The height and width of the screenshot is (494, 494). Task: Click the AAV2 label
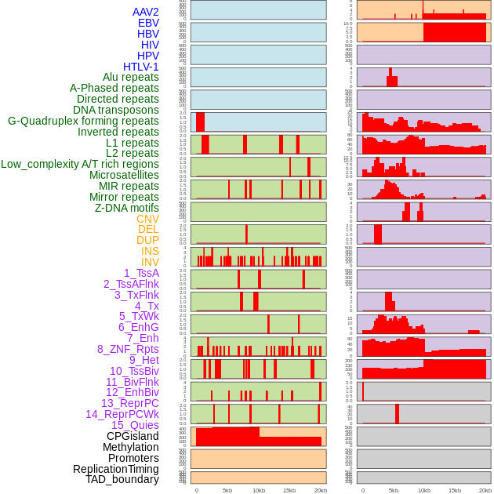point(145,13)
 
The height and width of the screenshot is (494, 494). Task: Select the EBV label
point(147,24)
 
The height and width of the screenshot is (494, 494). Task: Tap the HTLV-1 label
point(140,67)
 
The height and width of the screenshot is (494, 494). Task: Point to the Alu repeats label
point(130,78)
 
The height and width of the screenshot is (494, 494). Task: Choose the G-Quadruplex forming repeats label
point(83,122)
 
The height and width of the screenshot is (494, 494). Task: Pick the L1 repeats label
point(132,143)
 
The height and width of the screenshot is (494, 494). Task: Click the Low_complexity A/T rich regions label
point(79,164)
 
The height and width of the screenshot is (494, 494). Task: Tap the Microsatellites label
point(123,175)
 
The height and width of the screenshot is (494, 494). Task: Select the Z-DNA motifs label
point(126,208)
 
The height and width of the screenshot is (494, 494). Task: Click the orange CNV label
point(147,219)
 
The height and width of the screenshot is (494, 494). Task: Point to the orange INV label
point(150,262)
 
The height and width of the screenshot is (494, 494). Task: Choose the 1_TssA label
point(141,273)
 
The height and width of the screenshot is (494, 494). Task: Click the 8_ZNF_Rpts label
point(128,349)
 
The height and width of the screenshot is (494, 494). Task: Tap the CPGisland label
point(133,436)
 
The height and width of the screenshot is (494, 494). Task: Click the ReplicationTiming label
point(115,469)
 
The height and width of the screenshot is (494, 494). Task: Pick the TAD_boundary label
point(122,479)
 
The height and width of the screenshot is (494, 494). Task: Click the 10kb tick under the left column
point(259,491)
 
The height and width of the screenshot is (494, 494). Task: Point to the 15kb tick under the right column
point(455,491)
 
